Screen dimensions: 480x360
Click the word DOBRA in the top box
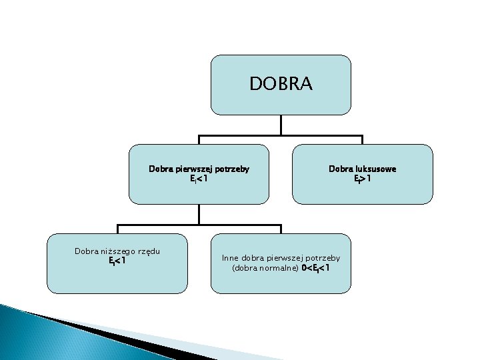coord(281,84)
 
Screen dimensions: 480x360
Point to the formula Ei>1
coord(362,179)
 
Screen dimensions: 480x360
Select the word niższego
coord(120,251)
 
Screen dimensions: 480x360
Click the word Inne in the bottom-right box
coord(230,257)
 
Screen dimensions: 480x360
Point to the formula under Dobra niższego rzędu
coord(117,261)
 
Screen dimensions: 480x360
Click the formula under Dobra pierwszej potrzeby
coord(199,179)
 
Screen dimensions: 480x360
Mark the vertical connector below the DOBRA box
coord(281,125)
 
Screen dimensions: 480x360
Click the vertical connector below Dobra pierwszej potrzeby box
coord(199,213)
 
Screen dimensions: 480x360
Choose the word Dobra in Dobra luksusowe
coord(339,169)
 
